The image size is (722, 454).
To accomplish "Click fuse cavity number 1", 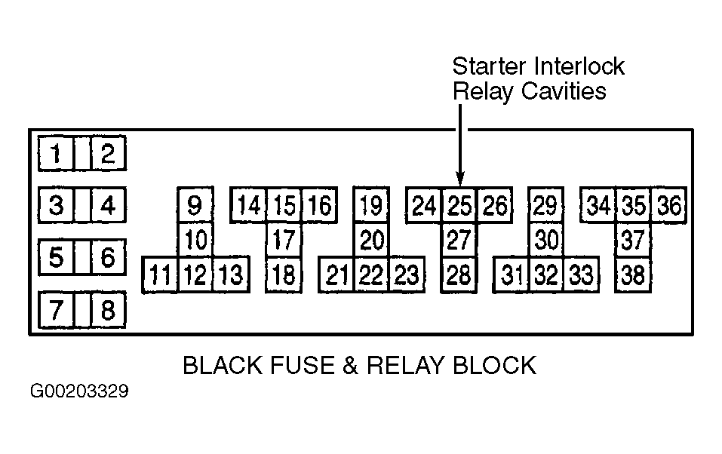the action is tap(56, 153).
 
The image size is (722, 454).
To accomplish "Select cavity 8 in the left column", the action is tap(108, 309).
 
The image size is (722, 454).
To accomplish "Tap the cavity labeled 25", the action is tap(459, 205).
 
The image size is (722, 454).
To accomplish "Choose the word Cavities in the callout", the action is tap(564, 91).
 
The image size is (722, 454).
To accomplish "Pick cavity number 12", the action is tap(195, 275).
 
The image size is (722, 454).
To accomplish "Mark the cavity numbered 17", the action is tap(284, 240).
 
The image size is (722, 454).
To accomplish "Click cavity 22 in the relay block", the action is tap(371, 275).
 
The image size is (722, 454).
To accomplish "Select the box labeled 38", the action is tap(633, 275).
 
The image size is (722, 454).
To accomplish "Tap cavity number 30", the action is tap(546, 240).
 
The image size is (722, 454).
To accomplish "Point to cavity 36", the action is tap(669, 205).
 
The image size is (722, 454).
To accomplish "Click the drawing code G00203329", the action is tap(79, 391).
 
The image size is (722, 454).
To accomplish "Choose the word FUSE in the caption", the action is tap(303, 366).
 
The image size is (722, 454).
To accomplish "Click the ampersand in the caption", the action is tap(350, 366).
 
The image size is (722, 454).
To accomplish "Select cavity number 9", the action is tap(195, 205).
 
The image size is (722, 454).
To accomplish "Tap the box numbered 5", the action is tap(56, 257).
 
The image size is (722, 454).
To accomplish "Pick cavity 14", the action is tap(249, 205).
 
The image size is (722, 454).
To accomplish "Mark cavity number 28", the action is tap(459, 275).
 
